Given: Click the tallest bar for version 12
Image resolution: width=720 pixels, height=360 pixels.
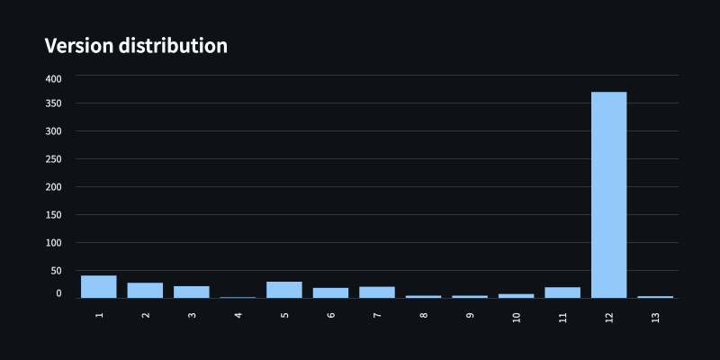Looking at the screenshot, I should [x=608, y=194].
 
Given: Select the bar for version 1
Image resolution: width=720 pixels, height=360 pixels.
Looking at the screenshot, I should [x=99, y=286].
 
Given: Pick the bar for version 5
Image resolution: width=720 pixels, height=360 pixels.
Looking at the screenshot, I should [x=284, y=290].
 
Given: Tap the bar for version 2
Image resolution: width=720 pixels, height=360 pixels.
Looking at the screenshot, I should [x=145, y=290].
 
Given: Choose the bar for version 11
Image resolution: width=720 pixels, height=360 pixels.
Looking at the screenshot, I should [x=562, y=292].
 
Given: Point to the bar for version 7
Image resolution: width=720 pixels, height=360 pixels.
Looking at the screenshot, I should [x=377, y=292].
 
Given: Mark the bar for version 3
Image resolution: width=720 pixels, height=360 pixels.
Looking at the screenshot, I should [x=192, y=292].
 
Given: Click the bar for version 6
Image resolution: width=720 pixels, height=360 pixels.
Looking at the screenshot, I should [x=330, y=292].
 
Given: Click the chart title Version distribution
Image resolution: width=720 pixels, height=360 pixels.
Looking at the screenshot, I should [x=136, y=45].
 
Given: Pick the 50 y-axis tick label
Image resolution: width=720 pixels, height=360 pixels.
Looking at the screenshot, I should [x=56, y=271].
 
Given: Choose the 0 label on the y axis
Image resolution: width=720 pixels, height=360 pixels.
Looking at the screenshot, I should [x=58, y=293].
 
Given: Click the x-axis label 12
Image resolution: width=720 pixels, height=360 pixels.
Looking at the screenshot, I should [x=609, y=318].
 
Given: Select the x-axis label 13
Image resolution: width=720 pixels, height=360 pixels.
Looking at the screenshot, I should [x=656, y=318].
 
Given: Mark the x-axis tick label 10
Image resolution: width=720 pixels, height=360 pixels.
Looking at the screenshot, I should [x=517, y=318].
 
